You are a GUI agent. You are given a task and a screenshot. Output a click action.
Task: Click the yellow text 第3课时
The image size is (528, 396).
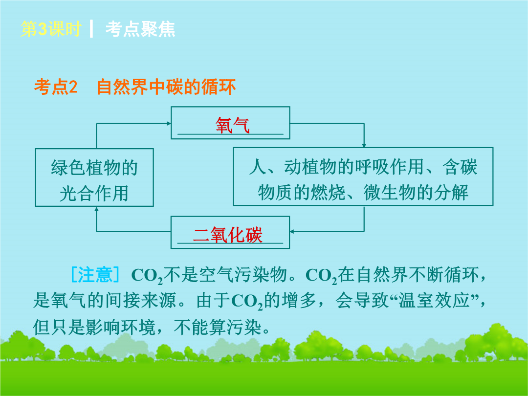[x=51, y=29]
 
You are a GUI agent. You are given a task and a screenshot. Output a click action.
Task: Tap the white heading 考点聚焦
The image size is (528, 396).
[x=140, y=29]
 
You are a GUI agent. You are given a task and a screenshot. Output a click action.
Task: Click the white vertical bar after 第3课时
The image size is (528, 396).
[x=91, y=29]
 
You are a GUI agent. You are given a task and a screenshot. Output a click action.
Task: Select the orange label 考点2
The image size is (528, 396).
[x=56, y=87]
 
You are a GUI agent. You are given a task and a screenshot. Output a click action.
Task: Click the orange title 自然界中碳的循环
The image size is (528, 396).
[x=166, y=87]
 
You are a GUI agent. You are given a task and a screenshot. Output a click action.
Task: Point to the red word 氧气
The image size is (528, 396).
[x=233, y=126]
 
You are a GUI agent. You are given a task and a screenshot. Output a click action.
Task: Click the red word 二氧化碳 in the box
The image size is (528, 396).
[x=228, y=235]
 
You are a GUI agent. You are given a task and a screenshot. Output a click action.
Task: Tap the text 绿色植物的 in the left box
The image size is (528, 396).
[x=95, y=168]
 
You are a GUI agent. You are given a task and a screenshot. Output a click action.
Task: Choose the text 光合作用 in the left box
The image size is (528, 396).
[x=94, y=194]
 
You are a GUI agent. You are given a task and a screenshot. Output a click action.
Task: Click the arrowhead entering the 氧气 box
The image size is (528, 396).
[x=169, y=123]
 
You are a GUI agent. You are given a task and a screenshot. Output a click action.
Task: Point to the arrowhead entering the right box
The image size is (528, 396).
[x=364, y=146]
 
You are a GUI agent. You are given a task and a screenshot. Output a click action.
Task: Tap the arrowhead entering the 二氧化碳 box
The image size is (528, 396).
[x=292, y=232]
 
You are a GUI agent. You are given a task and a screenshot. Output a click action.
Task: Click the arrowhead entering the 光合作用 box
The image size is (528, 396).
[x=97, y=209]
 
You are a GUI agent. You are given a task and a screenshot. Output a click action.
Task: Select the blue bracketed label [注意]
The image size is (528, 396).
[x=95, y=274]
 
